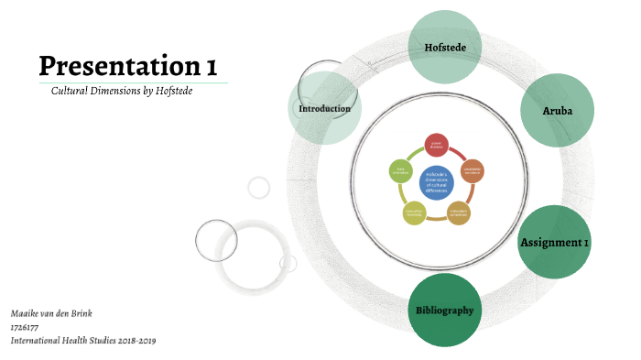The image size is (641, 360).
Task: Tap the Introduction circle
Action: [x=324, y=109]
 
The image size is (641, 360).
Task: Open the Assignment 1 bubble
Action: [x=554, y=243]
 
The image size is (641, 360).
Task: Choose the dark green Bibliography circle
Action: [x=444, y=310]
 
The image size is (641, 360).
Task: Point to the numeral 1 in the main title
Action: [x=212, y=66]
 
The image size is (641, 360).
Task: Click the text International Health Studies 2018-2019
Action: [x=83, y=340]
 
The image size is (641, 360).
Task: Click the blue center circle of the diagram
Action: [x=437, y=180]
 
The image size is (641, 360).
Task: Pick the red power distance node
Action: [x=437, y=144]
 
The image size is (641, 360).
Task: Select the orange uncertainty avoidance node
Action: [x=473, y=170]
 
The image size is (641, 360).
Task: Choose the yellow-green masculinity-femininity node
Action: [x=414, y=213]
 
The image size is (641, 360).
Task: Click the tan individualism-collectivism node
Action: [x=459, y=213]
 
